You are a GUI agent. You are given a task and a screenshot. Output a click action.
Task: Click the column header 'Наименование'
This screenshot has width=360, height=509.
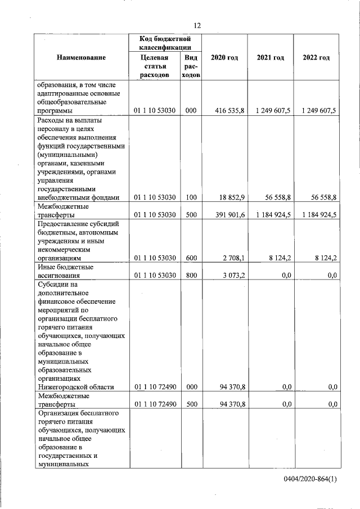pyautogui.click(x=81, y=57)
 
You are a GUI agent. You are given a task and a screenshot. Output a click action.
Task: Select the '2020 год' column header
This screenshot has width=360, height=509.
pyautogui.click(x=224, y=57)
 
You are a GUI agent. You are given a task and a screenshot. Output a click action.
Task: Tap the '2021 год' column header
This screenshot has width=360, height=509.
pyautogui.click(x=270, y=57)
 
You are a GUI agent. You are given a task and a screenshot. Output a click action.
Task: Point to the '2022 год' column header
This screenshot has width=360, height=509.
pyautogui.click(x=316, y=57)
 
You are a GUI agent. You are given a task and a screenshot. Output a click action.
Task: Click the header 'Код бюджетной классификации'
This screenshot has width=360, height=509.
pyautogui.click(x=165, y=43)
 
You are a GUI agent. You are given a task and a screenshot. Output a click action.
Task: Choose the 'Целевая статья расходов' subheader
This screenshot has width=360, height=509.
pyautogui.click(x=154, y=66)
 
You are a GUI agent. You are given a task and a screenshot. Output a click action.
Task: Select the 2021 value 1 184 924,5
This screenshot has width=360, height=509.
pyautogui.click(x=272, y=215)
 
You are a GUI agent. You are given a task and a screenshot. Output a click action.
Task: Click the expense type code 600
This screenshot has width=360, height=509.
pyautogui.click(x=191, y=258)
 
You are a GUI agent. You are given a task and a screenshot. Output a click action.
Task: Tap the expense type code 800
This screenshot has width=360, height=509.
pyautogui.click(x=191, y=276)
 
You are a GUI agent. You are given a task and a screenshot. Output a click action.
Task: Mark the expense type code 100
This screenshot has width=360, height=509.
pyautogui.click(x=191, y=197)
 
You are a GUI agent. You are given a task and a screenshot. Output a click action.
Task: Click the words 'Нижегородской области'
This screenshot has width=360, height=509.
pyautogui.click(x=75, y=387)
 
